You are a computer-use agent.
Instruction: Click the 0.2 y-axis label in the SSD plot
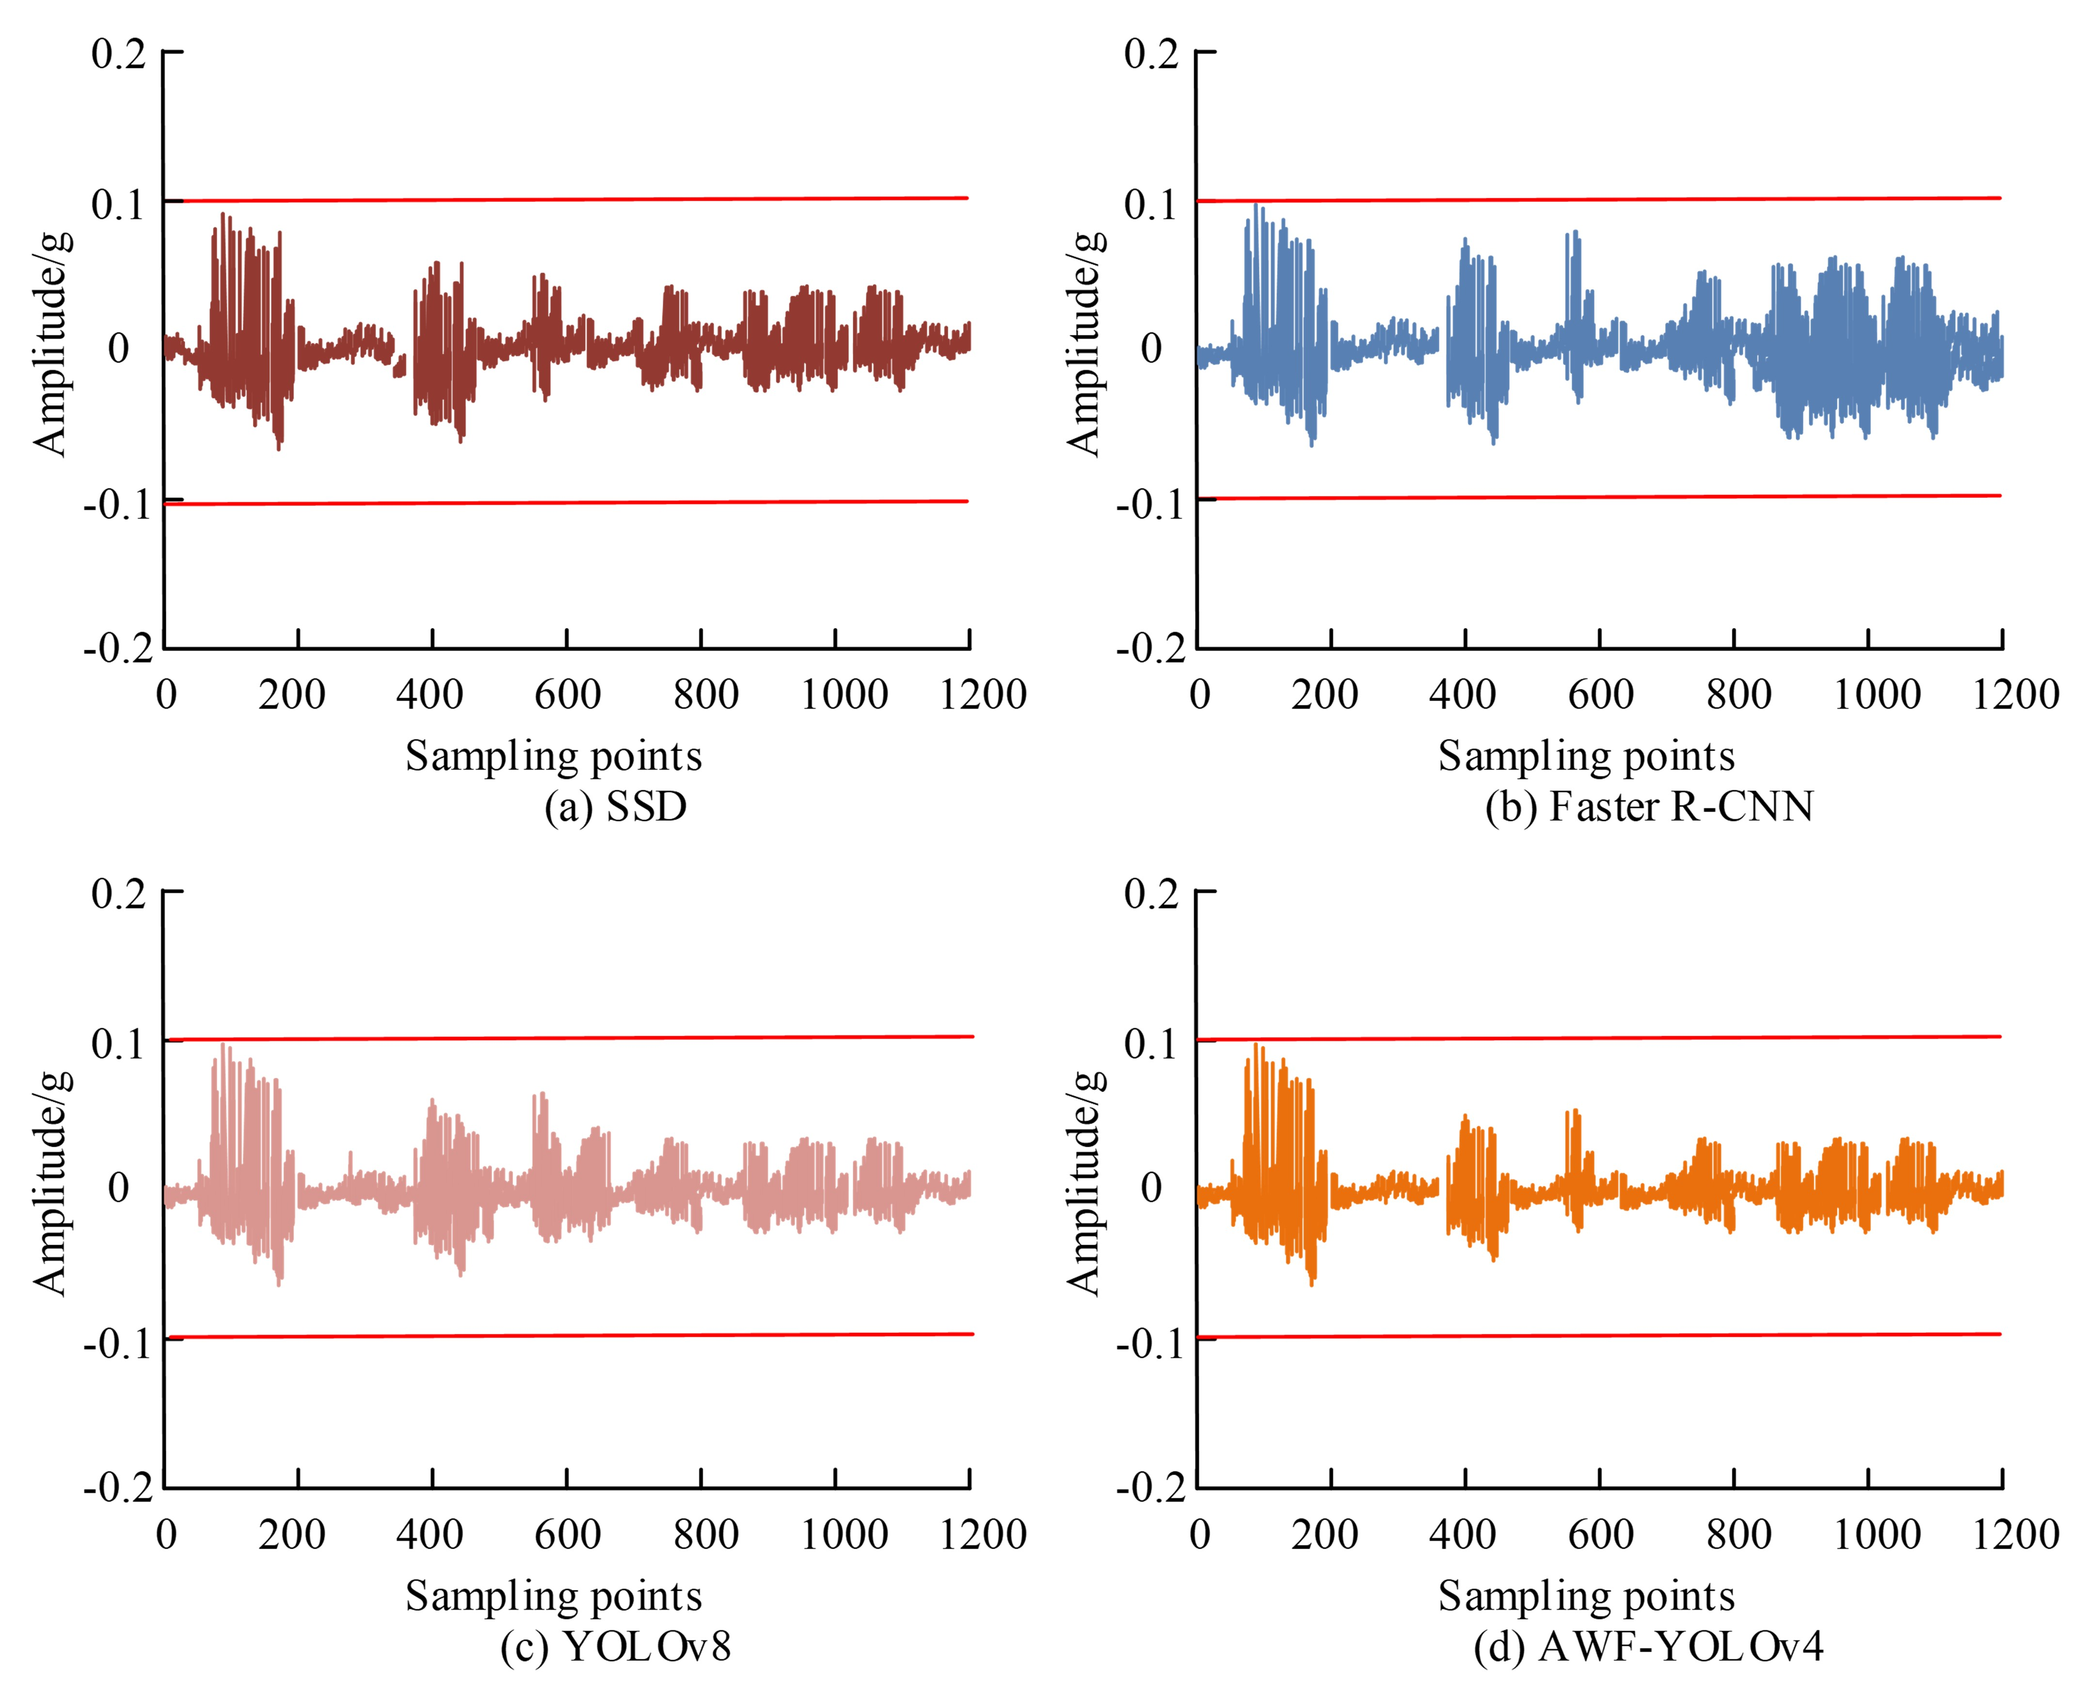coord(118,54)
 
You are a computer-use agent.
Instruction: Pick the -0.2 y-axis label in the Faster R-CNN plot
coord(1150,648)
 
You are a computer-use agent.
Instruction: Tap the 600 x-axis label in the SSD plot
coord(567,695)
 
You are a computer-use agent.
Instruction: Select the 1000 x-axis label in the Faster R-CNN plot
coord(1877,695)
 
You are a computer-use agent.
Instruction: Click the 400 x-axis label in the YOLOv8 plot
coord(430,1535)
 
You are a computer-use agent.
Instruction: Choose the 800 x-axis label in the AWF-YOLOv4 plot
coord(1739,1535)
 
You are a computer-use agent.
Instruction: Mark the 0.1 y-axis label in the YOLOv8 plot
coord(118,1043)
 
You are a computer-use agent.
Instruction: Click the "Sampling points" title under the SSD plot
coord(554,756)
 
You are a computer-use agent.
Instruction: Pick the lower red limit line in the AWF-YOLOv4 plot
coord(1599,1336)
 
